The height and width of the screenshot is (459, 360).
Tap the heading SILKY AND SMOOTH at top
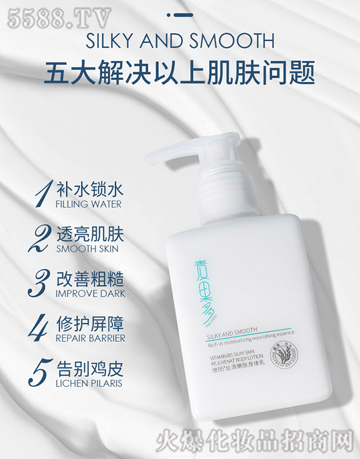(180, 42)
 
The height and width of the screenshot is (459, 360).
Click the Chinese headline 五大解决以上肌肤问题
(180, 74)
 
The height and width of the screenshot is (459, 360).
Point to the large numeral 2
(39, 240)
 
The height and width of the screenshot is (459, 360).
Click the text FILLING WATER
(88, 204)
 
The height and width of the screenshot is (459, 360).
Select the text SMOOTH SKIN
(87, 248)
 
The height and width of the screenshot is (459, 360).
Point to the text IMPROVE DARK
(90, 293)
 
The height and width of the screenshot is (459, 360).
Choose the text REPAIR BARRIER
(90, 338)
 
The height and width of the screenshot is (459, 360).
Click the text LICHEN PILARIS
(90, 383)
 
